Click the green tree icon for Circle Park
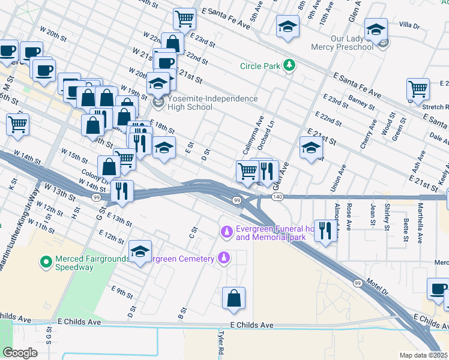point(289,65)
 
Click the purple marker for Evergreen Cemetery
point(223,258)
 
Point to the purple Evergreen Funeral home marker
point(227,232)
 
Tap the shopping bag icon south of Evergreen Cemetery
point(234,299)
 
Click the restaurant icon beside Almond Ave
point(325,231)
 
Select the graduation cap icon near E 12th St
point(140,251)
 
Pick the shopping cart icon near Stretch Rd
point(418,89)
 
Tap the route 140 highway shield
point(277,197)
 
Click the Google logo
point(20,352)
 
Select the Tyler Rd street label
point(221,343)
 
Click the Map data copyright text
point(423,355)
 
